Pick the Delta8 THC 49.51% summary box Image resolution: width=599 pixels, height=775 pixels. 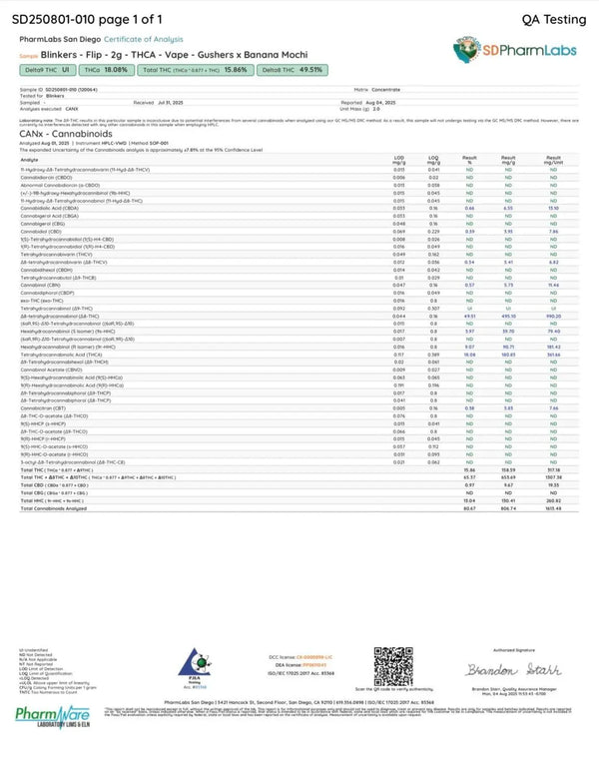[x=291, y=70]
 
